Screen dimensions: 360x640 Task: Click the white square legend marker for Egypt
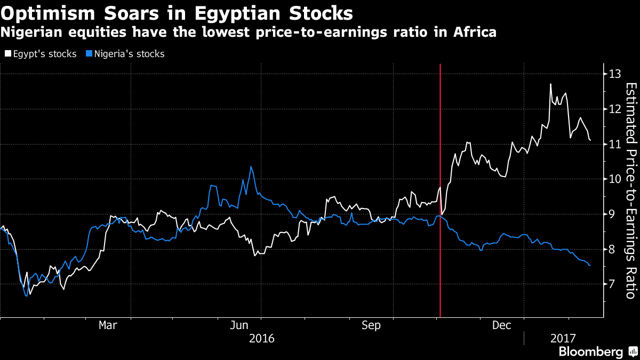(7, 54)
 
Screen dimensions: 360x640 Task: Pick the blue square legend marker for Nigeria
(89, 54)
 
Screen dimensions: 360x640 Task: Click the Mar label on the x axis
(108, 325)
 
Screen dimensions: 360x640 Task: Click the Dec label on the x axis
(502, 325)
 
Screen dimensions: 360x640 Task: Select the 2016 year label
(261, 338)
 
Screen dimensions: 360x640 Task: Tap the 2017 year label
(563, 338)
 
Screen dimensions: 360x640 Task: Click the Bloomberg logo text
(590, 351)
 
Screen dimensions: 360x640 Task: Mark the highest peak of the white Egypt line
(550, 84)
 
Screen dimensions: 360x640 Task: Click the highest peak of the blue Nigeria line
(251, 167)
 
